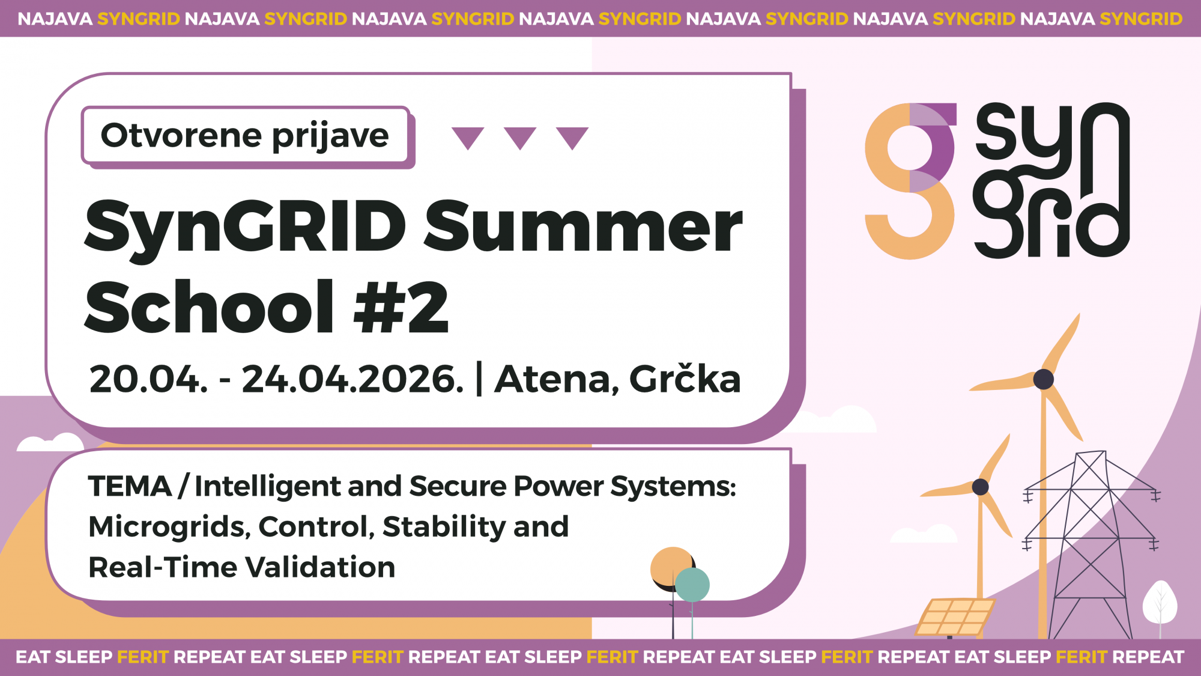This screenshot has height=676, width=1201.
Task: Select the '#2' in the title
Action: tap(401, 306)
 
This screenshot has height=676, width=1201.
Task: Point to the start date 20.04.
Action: tap(148, 380)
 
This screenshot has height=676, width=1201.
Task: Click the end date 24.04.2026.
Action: tap(353, 380)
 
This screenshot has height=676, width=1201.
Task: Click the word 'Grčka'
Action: tap(685, 379)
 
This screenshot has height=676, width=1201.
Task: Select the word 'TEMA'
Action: tap(130, 486)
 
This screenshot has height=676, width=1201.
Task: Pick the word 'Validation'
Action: tap(320, 567)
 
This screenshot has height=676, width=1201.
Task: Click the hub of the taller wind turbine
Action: tap(1044, 379)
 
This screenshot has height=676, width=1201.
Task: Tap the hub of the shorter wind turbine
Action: tap(981, 487)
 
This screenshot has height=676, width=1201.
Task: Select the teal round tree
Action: tap(692, 585)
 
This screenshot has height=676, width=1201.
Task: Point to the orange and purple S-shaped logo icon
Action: tap(910, 181)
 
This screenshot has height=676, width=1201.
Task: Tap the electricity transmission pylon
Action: tap(1091, 544)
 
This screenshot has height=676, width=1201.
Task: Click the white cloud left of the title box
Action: tap(50, 443)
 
